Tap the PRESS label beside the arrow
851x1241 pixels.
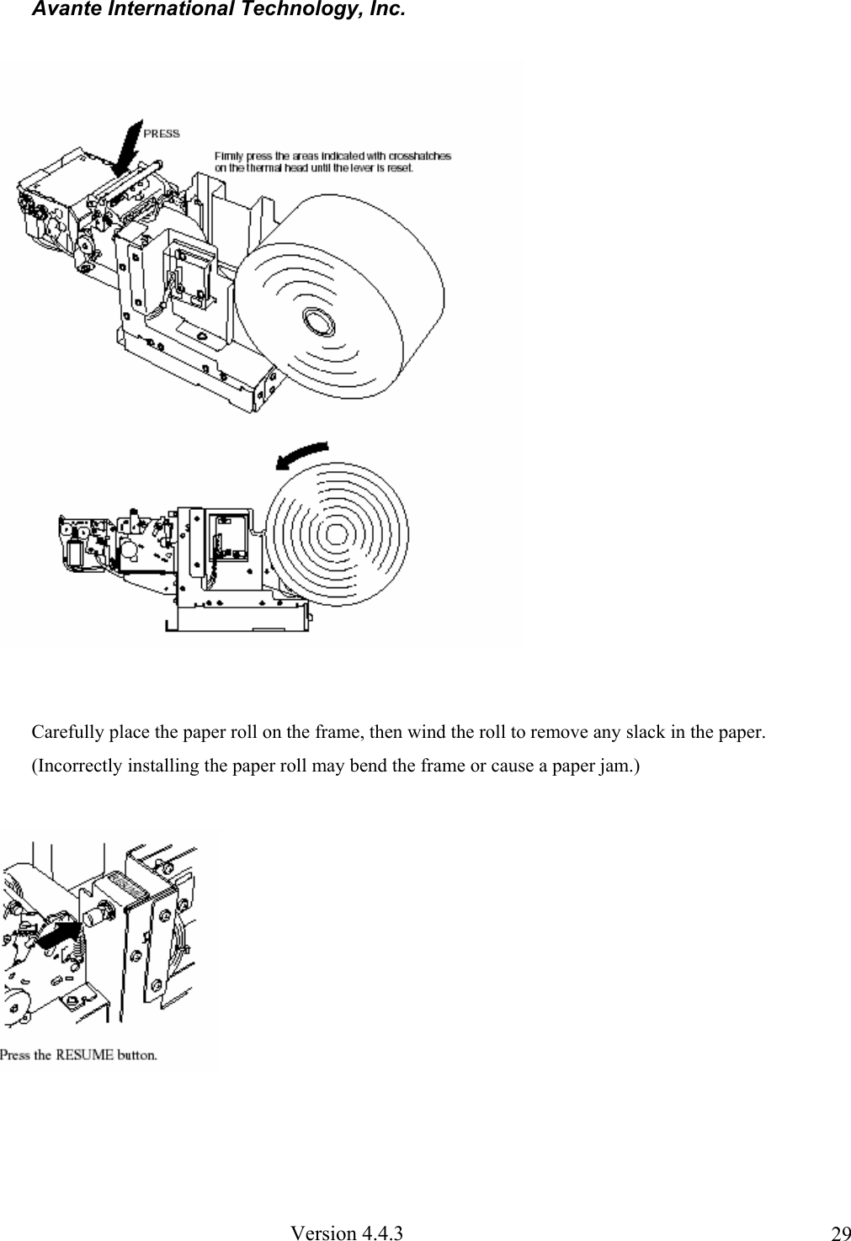click(162, 133)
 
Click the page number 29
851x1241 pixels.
click(839, 1234)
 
